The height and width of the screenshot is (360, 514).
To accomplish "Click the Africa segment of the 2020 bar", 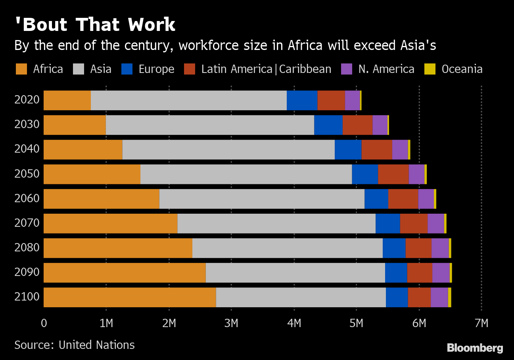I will point(67,100).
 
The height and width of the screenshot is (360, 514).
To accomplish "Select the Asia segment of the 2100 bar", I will point(301,297).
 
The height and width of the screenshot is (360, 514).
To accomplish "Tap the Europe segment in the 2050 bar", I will point(365,174).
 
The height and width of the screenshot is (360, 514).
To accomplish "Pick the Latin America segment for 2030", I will point(357,125).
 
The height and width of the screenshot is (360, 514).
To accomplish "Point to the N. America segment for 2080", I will point(440,248).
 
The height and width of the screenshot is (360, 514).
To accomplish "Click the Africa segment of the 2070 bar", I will point(110,223).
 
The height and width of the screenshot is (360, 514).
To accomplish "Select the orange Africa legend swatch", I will point(21,69).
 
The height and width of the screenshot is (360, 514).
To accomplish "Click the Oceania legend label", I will point(462,69).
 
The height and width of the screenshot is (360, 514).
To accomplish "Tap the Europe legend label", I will point(156,69).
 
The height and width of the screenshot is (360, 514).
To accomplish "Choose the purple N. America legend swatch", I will point(346,69).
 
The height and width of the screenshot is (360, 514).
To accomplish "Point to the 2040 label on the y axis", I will point(27,149).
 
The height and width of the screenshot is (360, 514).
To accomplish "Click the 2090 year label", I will point(27,272).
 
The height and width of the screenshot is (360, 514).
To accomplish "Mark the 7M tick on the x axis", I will point(481,323).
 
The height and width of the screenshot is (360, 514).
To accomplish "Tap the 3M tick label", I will point(231,323).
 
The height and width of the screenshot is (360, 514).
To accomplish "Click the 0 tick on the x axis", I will point(44,323).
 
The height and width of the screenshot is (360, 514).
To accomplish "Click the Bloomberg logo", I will point(475,348).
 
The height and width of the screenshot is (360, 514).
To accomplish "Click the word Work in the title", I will point(152,25).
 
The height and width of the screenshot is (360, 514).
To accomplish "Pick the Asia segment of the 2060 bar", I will point(262,199).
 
